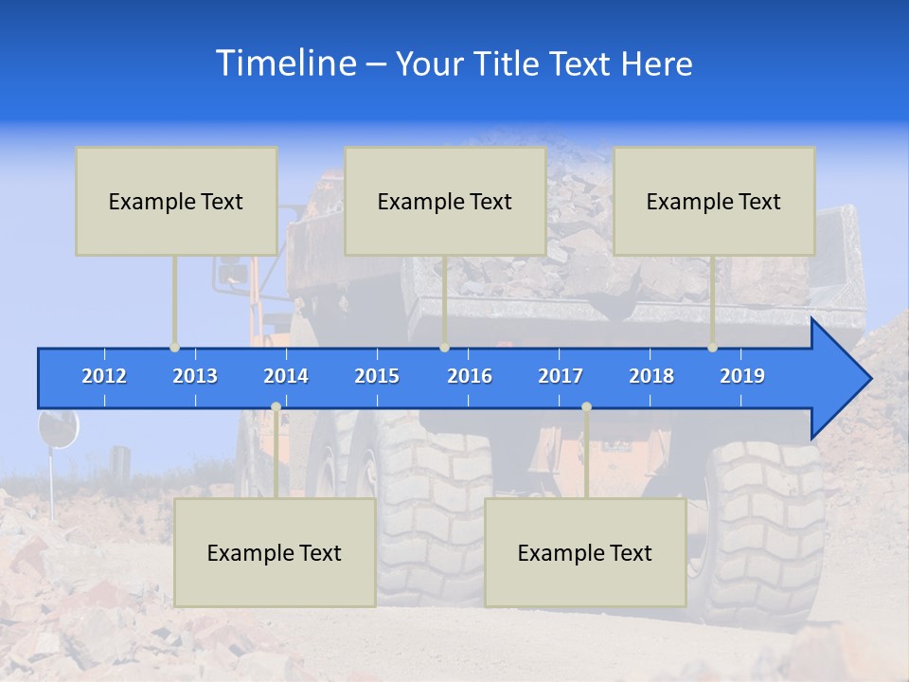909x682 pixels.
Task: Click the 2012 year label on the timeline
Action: (x=104, y=376)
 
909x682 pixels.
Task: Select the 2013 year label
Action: (x=195, y=376)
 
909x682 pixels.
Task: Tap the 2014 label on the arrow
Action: (x=286, y=376)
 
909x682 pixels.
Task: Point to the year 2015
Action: (x=377, y=376)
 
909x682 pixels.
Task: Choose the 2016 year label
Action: (x=470, y=376)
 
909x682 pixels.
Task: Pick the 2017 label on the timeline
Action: (x=561, y=376)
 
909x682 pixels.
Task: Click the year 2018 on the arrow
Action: (x=651, y=376)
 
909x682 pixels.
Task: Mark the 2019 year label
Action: (x=742, y=376)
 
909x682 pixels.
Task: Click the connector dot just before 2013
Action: (x=175, y=348)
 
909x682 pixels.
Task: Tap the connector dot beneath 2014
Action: (x=276, y=407)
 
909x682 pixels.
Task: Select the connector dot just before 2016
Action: (x=444, y=348)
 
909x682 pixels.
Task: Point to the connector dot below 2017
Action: (x=586, y=407)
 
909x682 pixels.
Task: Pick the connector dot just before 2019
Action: (x=713, y=348)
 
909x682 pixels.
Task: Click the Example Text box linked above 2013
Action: (x=176, y=201)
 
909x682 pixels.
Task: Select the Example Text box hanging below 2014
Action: (x=275, y=552)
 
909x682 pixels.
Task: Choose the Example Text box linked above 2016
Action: (x=445, y=201)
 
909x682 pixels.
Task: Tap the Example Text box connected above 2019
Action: (x=714, y=201)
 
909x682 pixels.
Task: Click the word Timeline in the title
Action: (x=284, y=63)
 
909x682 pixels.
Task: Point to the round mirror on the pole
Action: (x=58, y=429)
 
